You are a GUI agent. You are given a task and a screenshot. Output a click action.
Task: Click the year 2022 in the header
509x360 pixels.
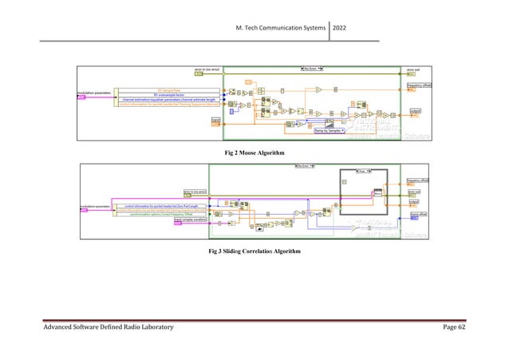(x=348, y=30)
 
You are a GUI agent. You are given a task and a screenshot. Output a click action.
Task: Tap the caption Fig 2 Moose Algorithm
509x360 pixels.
(x=254, y=151)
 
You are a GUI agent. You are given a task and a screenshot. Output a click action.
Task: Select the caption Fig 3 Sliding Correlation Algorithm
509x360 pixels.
(x=254, y=252)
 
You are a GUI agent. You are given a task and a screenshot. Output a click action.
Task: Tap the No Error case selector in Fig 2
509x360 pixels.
(x=305, y=69)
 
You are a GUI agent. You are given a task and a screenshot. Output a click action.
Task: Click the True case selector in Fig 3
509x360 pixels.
(x=364, y=171)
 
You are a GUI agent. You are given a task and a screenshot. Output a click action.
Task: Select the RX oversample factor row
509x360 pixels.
(x=168, y=95)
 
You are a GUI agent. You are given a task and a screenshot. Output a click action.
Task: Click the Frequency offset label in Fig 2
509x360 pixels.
(x=420, y=85)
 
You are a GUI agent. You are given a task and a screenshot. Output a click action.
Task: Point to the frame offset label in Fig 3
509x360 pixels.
(x=418, y=214)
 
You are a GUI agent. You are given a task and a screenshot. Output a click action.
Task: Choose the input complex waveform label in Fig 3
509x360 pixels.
(x=188, y=220)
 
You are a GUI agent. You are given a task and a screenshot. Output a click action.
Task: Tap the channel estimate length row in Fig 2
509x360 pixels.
(x=168, y=100)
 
